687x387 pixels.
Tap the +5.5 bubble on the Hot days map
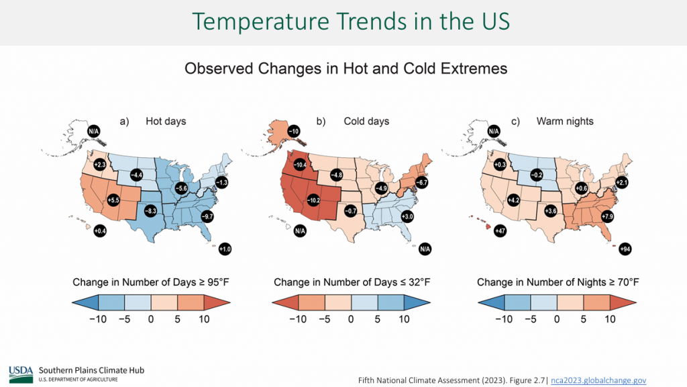[113, 200]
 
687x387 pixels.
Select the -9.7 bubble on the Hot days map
[207, 216]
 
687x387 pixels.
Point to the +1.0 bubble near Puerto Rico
[225, 249]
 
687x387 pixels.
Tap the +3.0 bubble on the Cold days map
[407, 216]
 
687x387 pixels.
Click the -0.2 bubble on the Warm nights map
[536, 175]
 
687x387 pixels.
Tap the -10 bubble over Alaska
[293, 130]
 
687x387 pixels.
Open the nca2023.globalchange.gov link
[598, 380]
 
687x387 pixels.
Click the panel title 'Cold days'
[366, 122]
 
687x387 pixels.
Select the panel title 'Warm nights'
[565, 122]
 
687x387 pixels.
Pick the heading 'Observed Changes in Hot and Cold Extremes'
[346, 69]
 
